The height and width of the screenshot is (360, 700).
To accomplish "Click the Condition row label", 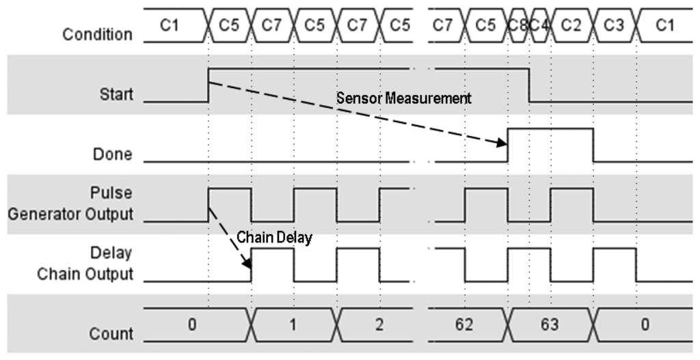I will coord(97,34).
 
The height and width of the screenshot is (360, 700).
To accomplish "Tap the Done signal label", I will coord(113,154).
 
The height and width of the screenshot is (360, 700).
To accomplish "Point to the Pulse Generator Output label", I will coord(70,205).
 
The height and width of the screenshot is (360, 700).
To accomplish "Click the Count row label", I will coord(111,334).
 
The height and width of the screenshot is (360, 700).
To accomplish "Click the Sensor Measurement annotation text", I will coord(403,98).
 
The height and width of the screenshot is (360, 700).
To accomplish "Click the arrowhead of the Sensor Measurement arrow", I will coord(502,143).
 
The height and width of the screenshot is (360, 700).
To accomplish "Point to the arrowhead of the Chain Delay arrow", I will coord(248,263).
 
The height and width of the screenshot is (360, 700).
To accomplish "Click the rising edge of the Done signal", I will coord(508,145).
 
